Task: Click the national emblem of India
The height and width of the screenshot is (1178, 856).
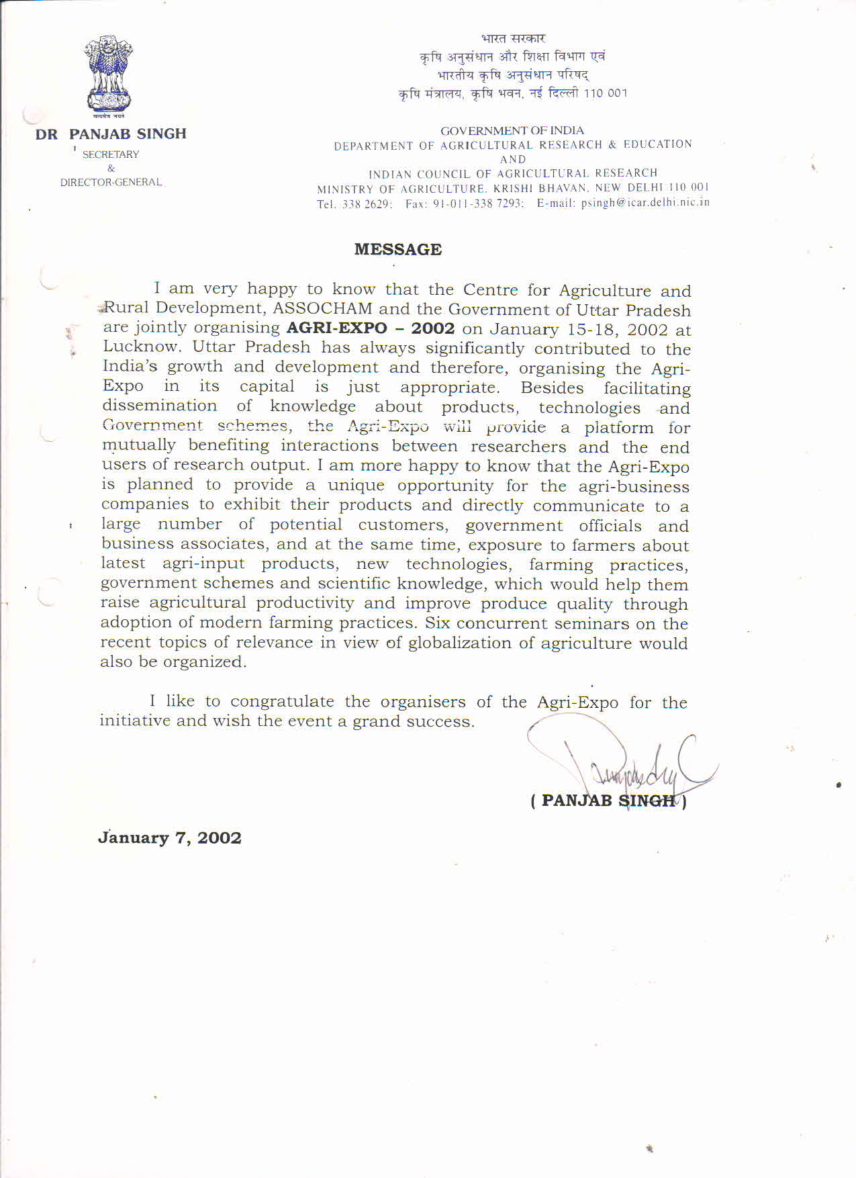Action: pos(107,76)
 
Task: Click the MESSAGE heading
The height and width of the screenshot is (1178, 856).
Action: pos(397,249)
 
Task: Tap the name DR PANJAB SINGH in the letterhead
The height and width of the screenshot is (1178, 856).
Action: pos(111,134)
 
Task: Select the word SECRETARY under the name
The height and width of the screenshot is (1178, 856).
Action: pos(111,154)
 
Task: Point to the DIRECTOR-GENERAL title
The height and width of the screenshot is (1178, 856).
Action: pos(111,182)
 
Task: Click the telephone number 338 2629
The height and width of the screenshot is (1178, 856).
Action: pos(367,203)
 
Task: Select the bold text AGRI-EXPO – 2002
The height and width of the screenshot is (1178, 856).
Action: pos(370,328)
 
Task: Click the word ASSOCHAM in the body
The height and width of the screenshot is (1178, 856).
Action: pos(322,308)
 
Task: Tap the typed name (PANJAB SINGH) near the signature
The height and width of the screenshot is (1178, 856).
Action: pos(608,801)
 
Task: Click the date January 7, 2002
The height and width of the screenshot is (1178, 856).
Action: pos(170,837)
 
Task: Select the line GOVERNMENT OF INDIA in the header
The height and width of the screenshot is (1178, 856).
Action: pos(512,130)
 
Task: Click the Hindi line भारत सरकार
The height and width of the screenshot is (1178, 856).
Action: pos(514,38)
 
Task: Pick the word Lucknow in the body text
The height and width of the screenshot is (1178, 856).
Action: pos(142,347)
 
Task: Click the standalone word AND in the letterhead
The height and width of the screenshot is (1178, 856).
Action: pos(513,159)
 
